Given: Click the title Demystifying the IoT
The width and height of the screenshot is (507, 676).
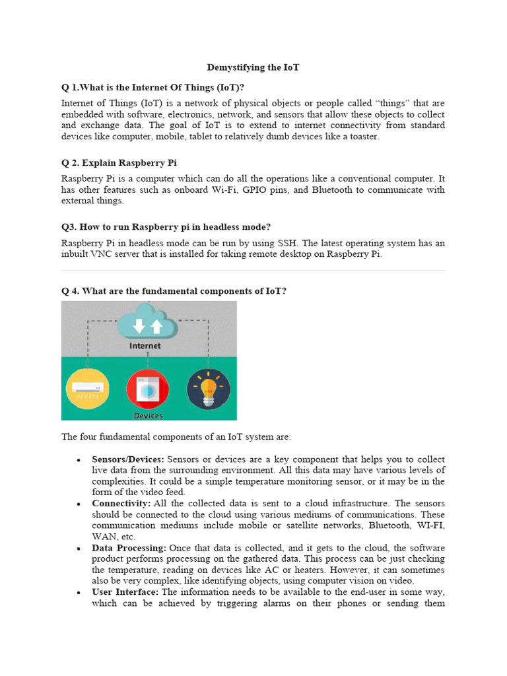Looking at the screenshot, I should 253,67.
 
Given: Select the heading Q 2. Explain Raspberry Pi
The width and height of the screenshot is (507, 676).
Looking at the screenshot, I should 119,162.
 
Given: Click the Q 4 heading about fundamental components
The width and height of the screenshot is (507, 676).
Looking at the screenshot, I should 174,291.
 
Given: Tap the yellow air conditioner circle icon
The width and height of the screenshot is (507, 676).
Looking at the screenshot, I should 87,389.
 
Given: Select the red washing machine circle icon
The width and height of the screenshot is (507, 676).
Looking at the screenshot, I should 148,389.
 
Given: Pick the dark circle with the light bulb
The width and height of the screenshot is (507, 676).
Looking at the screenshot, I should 209,389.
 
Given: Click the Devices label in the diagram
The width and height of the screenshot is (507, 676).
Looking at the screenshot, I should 148,416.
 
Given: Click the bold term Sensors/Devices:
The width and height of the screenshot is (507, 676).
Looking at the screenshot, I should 128,459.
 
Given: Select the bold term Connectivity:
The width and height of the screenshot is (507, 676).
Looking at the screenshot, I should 121,504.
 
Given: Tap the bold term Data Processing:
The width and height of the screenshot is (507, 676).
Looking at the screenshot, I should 129,548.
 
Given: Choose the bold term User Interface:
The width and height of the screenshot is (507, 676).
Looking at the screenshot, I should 125,592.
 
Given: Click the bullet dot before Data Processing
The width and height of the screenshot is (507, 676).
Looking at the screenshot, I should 79,549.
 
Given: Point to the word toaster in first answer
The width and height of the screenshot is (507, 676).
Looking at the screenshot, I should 365,137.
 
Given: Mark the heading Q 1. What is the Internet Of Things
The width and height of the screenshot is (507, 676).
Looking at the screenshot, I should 157,87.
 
